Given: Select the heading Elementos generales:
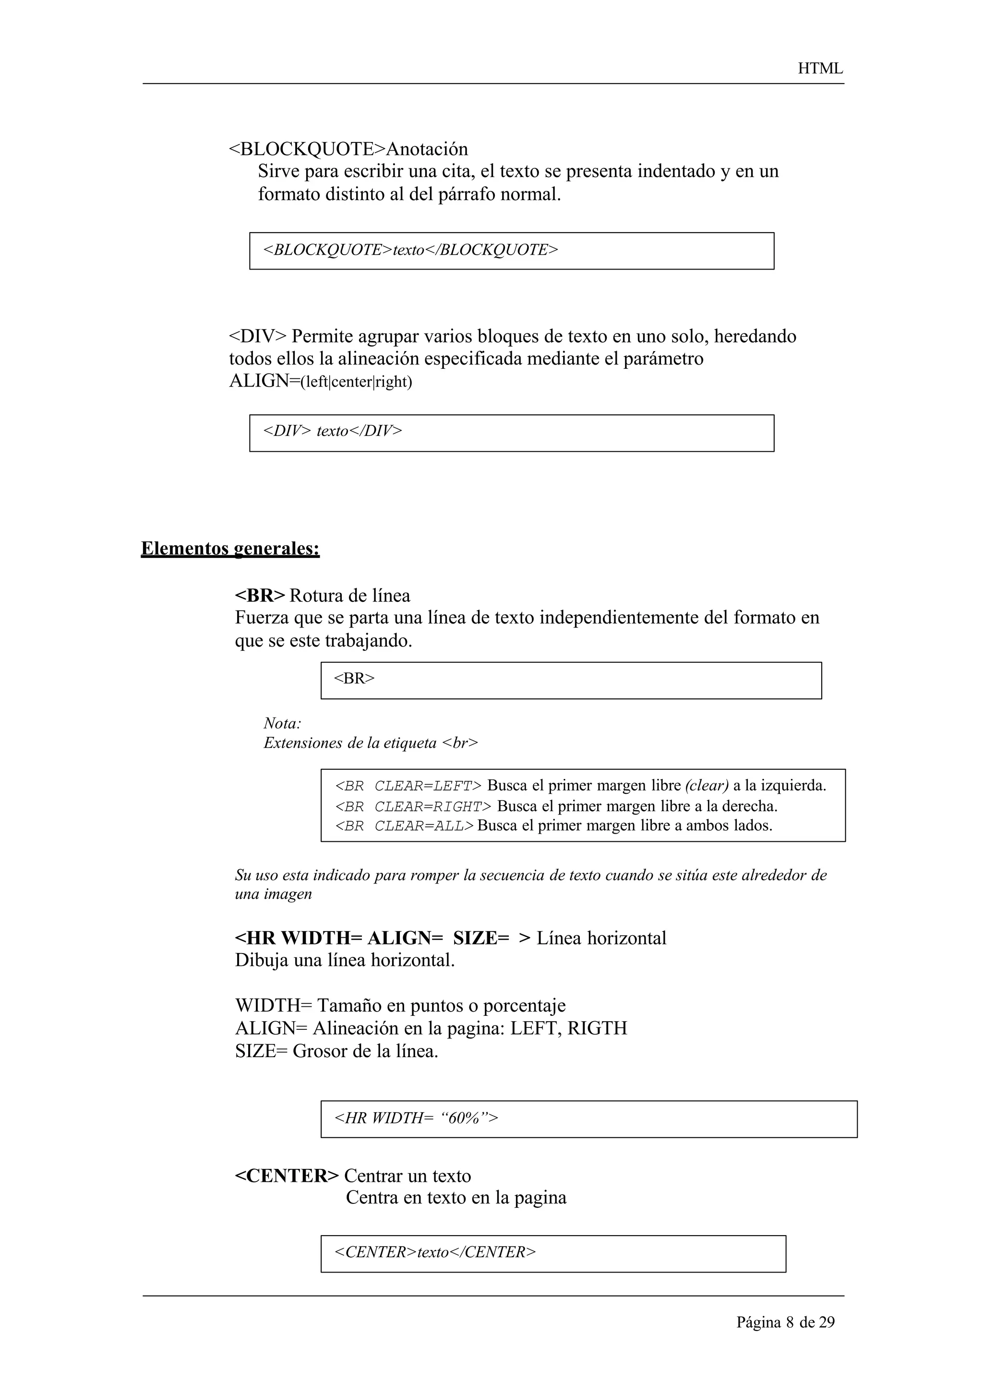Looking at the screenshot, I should pyautogui.click(x=230, y=549).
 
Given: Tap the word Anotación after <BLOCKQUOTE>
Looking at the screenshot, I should pyautogui.click(x=427, y=149).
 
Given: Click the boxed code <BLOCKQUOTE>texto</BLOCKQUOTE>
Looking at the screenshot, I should pyautogui.click(x=410, y=250).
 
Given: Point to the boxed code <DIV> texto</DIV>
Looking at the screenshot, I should pyautogui.click(x=332, y=431).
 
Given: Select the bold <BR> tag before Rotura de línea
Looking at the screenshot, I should pyautogui.click(x=259, y=596).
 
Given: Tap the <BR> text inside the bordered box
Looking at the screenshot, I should pyautogui.click(x=354, y=679).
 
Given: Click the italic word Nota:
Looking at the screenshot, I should pyautogui.click(x=282, y=723).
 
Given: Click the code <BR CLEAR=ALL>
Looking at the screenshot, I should pyautogui.click(x=404, y=826).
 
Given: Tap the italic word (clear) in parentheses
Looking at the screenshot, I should pyautogui.click(x=706, y=786).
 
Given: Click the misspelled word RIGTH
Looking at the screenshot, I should pyautogui.click(x=597, y=1028).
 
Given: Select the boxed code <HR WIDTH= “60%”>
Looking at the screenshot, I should pyautogui.click(x=416, y=1118).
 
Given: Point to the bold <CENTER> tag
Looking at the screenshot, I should pyautogui.click(x=287, y=1176).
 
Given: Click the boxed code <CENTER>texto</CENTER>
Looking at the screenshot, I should pyautogui.click(x=434, y=1252).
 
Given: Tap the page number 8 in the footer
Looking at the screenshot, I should pyautogui.click(x=789, y=1323).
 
